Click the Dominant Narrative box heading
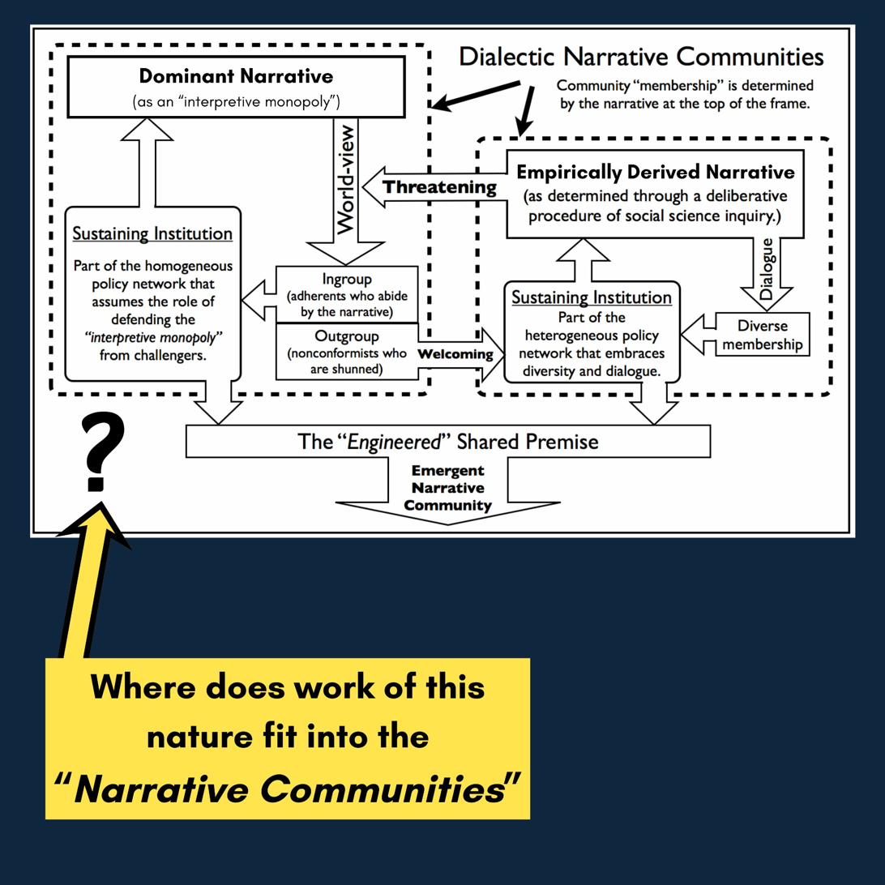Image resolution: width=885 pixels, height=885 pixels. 236,77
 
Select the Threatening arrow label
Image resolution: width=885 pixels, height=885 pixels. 438,187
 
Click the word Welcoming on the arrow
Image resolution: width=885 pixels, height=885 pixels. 455,354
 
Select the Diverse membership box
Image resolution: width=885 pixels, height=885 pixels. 762,336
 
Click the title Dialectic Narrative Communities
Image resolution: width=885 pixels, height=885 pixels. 641,57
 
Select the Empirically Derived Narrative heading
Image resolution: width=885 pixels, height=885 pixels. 655,173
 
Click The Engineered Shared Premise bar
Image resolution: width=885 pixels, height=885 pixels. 448,442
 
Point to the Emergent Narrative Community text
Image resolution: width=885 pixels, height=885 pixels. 447,488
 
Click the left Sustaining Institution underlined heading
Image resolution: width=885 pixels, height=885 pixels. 152,234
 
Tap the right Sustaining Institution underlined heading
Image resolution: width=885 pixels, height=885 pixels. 592,297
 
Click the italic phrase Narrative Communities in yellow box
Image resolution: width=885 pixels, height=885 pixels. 288,789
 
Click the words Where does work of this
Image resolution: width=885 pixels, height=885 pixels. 288,687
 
